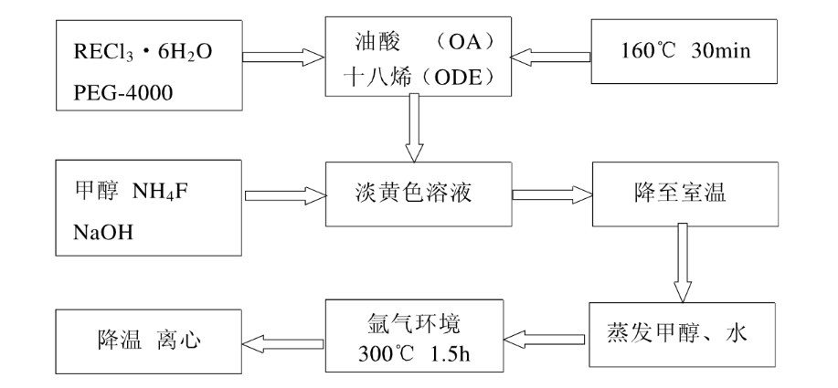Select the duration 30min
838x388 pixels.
click(x=721, y=49)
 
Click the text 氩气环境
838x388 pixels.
click(x=418, y=326)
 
